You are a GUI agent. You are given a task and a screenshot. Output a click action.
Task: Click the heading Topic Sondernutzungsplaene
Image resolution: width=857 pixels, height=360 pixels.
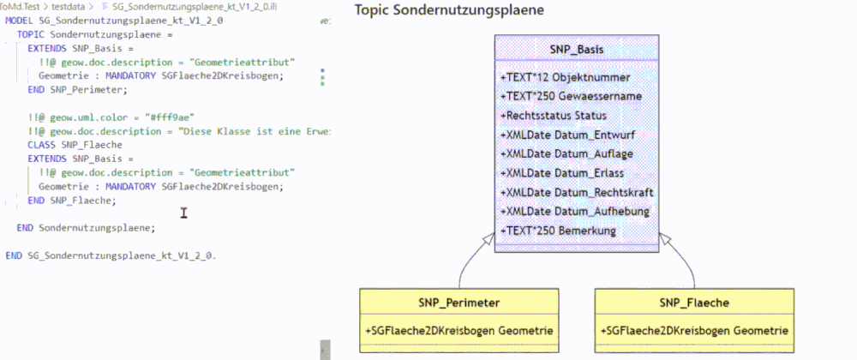tap(449, 11)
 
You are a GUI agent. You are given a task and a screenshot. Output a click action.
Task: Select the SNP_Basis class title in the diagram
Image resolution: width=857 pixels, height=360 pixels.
tap(576, 50)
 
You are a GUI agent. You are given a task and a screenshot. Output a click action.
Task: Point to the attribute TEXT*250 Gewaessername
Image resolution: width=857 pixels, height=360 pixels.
tap(570, 97)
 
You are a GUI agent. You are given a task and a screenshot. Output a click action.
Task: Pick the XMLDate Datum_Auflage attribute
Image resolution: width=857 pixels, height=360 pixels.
tap(566, 154)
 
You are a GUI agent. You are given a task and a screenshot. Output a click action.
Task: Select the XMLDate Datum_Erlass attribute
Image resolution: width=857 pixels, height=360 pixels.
tap(562, 173)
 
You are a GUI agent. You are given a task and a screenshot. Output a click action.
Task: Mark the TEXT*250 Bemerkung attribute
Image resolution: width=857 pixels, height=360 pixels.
tap(558, 231)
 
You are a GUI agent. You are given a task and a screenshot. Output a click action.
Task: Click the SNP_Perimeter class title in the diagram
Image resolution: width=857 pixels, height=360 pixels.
tap(459, 303)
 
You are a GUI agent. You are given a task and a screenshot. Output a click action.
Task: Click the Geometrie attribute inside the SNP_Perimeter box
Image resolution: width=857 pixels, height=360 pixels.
tap(459, 330)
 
